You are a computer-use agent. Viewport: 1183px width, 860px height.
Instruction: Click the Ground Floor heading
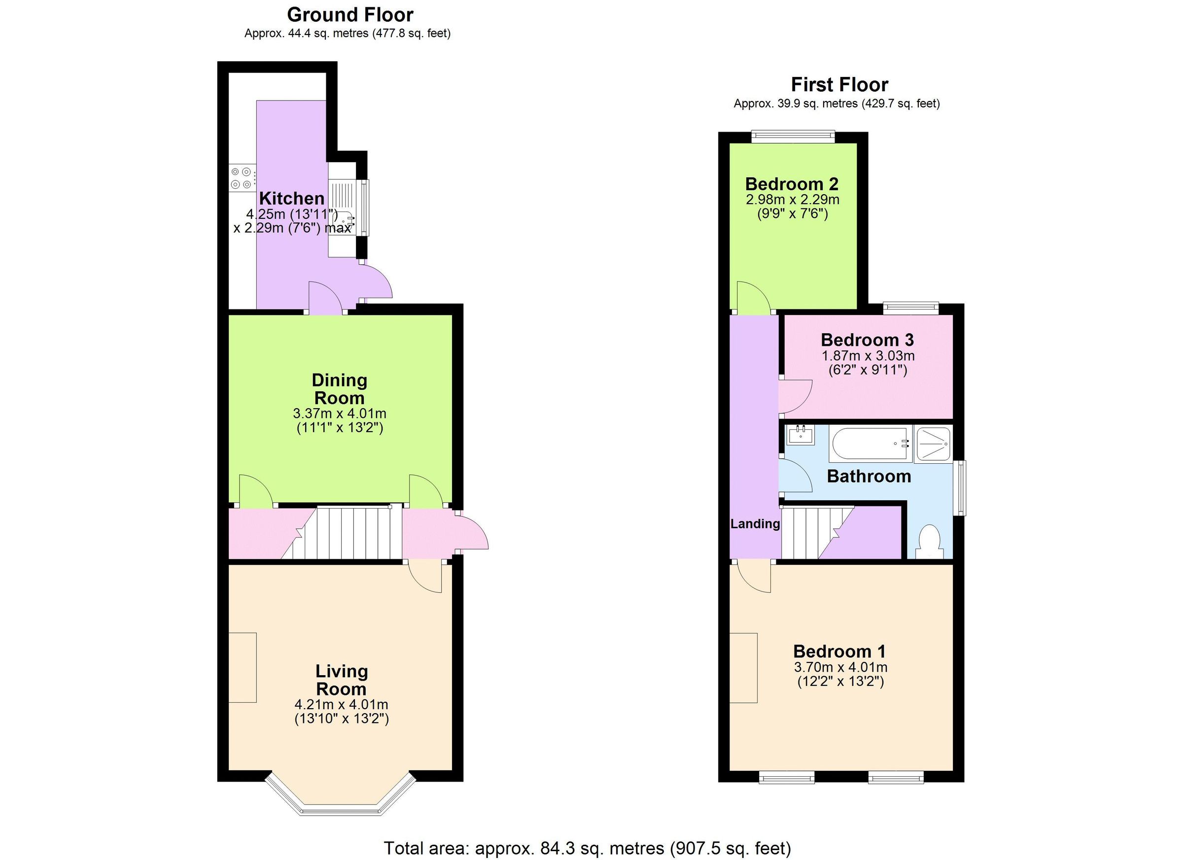click(350, 15)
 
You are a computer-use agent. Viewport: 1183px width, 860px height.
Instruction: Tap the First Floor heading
click(839, 84)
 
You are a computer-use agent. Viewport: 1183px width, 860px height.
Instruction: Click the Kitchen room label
click(292, 198)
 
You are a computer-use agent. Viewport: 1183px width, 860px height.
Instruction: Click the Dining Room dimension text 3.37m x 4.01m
click(340, 413)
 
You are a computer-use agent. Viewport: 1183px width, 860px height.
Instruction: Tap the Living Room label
click(341, 680)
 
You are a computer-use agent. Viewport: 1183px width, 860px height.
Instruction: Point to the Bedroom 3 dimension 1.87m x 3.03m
click(868, 356)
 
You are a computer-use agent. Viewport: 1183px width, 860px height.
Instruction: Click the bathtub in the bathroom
click(870, 445)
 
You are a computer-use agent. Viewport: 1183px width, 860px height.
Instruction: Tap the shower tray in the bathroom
click(933, 445)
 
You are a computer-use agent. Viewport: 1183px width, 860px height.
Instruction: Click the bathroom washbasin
click(800, 435)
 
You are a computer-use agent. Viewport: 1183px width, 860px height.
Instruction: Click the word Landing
click(755, 523)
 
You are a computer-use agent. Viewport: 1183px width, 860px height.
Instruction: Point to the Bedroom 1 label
click(839, 651)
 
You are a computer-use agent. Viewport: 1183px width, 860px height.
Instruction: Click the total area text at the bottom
click(588, 848)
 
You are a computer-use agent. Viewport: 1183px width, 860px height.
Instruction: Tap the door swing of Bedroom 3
click(795, 396)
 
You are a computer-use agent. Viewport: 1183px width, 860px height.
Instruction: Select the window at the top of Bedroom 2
click(793, 137)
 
